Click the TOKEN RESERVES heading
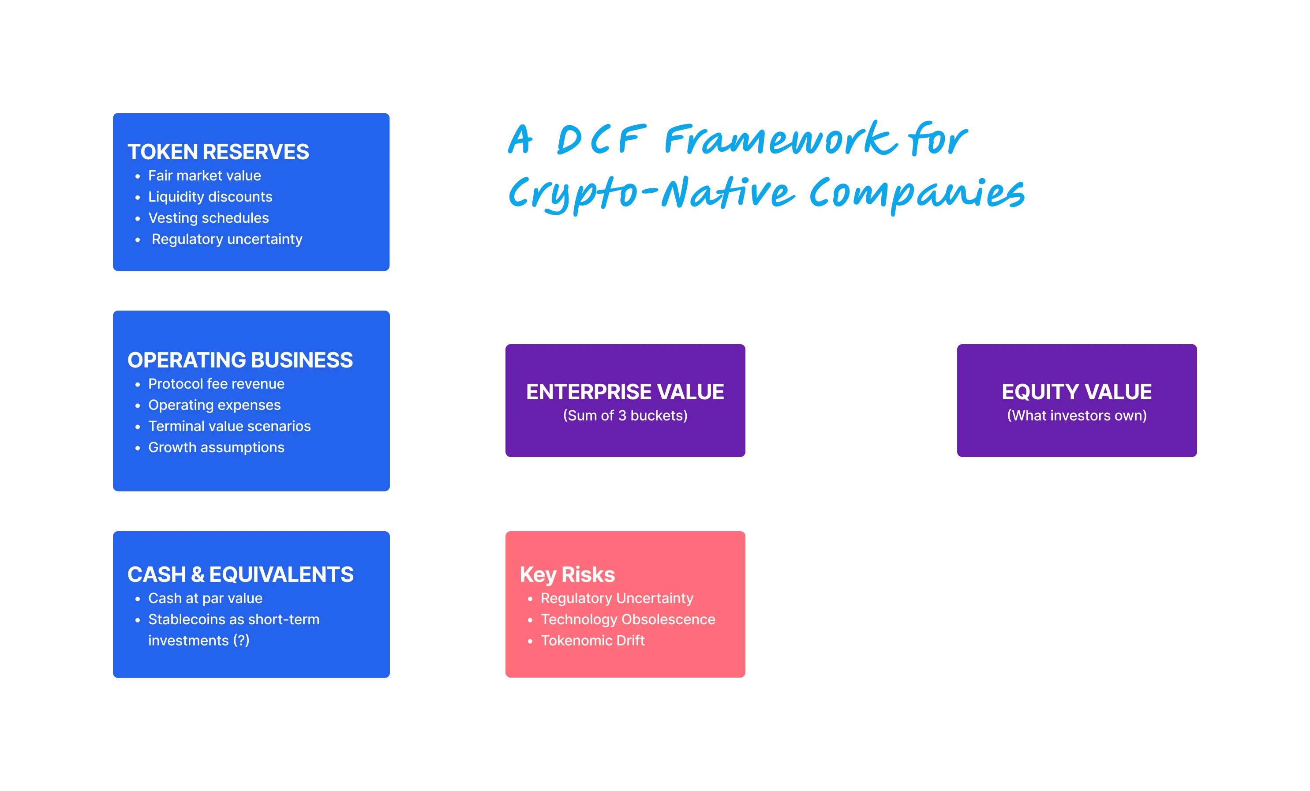(218, 152)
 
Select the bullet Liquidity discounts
(210, 197)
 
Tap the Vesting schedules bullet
(208, 218)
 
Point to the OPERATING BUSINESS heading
(240, 360)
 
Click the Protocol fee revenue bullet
(216, 384)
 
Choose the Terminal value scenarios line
(229, 426)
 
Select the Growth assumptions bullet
(216, 448)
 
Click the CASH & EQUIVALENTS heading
(240, 575)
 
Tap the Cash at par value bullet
(205, 599)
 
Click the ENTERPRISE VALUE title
(625, 392)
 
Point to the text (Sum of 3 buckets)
(625, 416)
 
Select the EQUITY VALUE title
(1077, 392)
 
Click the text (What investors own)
(1077, 416)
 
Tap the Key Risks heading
(567, 575)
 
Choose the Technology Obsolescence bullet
(628, 620)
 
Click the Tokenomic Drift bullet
(592, 641)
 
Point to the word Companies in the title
(917, 194)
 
